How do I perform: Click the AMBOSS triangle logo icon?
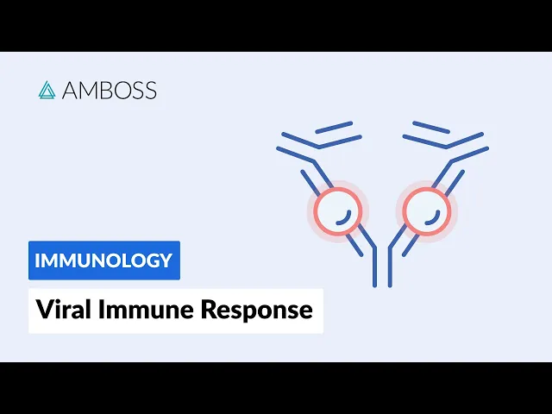click(47, 90)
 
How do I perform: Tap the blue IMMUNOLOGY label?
click(103, 260)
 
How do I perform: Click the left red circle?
click(336, 211)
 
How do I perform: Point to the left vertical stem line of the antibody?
click(374, 267)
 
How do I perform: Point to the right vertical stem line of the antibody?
click(390, 267)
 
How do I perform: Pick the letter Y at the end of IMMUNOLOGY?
click(166, 260)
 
